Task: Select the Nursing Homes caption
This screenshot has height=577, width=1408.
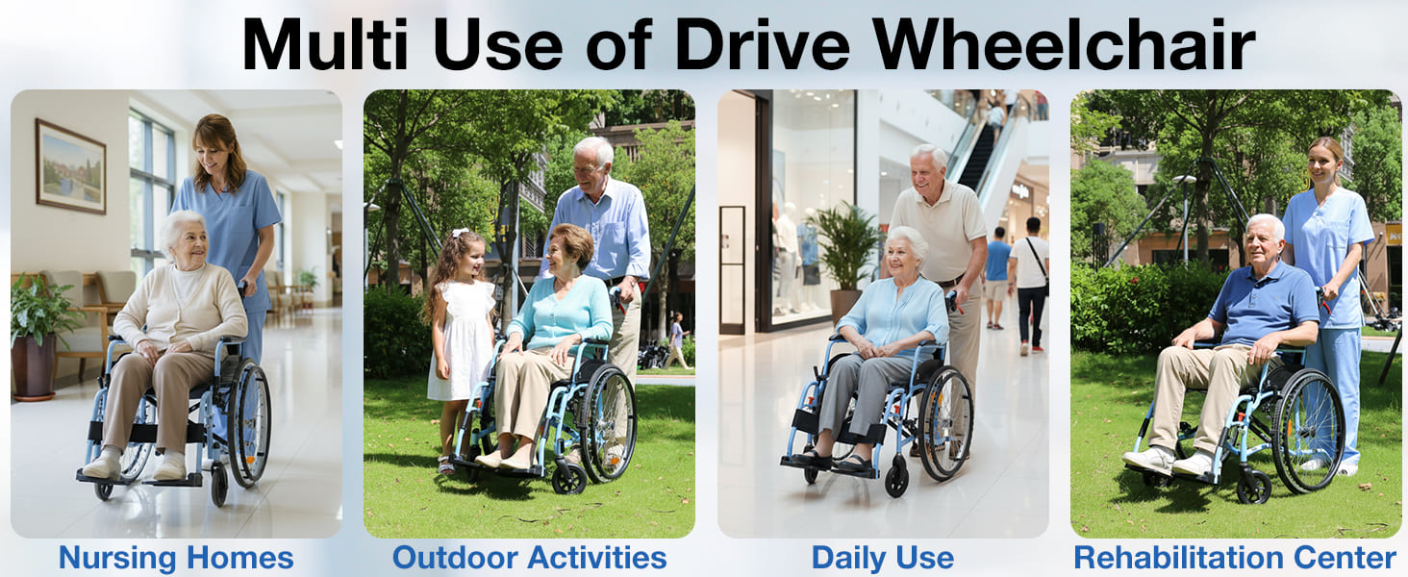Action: point(176,558)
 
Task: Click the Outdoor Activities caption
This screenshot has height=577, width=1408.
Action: point(529,558)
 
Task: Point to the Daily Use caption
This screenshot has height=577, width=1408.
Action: point(882,558)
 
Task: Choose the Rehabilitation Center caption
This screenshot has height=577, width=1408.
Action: point(1235,558)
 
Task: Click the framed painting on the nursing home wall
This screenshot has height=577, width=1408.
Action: point(70,165)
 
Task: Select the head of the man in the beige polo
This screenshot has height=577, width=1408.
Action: point(928,171)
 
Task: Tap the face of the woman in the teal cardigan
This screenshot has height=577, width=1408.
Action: point(571,252)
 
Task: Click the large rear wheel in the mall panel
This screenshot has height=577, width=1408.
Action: point(945,423)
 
